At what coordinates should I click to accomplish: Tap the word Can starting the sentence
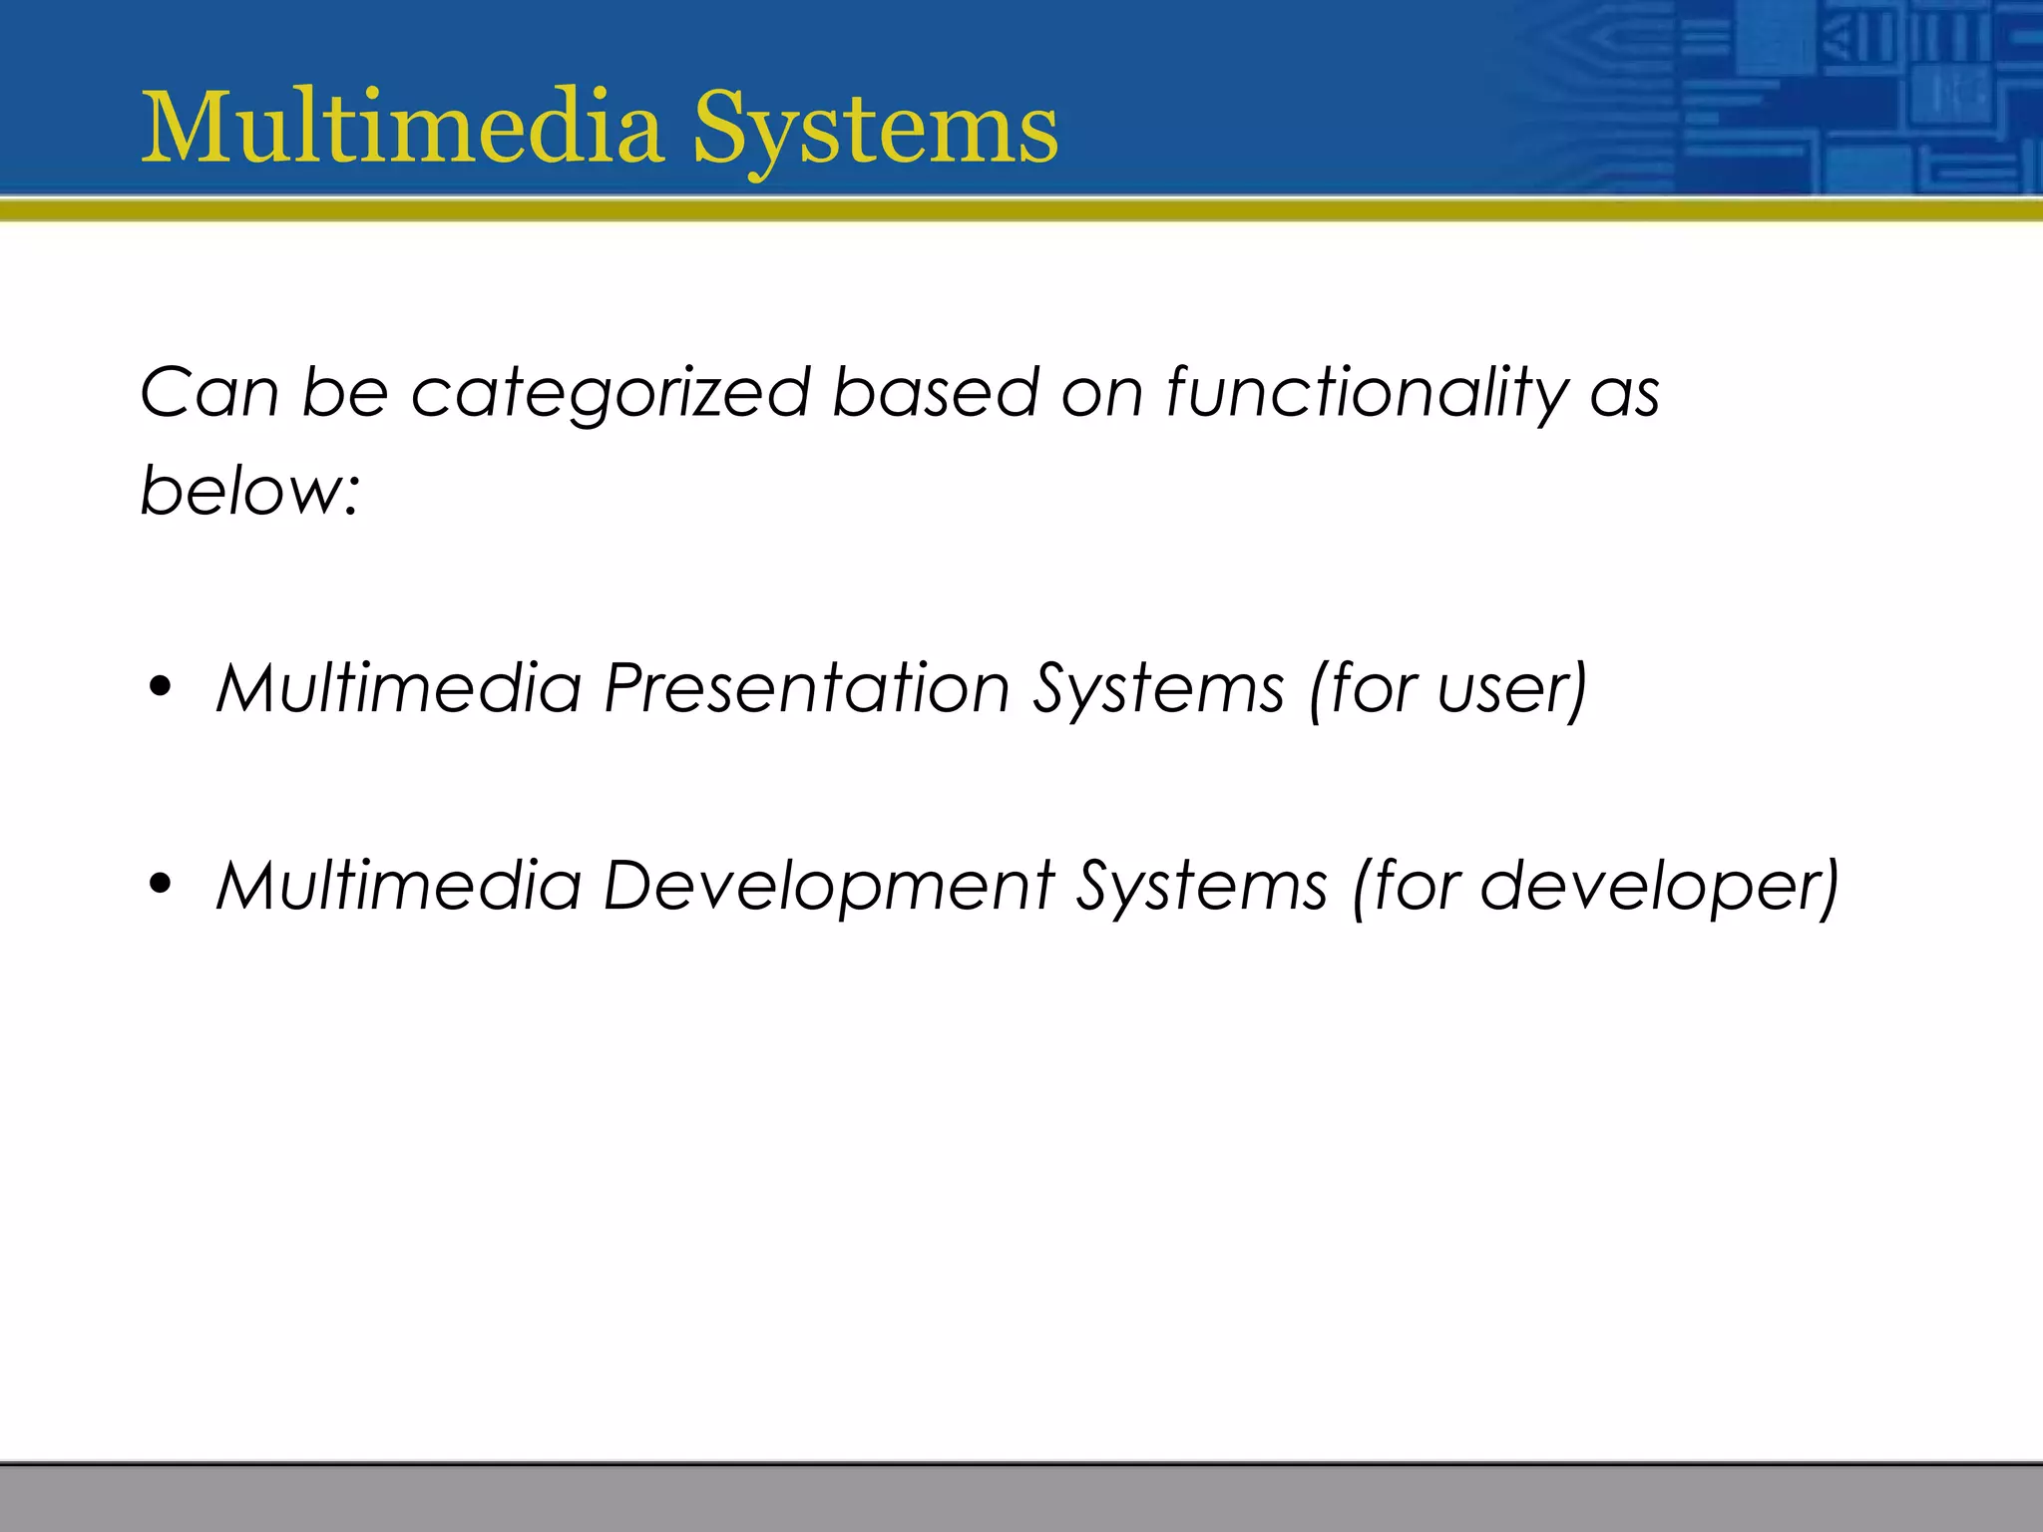click(209, 392)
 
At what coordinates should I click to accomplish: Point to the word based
click(935, 392)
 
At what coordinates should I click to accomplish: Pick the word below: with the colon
click(249, 491)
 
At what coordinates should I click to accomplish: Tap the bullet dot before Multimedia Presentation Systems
click(160, 687)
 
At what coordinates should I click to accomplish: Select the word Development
click(829, 887)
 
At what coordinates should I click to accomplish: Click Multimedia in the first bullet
click(399, 688)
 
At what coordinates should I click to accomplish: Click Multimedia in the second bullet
click(399, 886)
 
